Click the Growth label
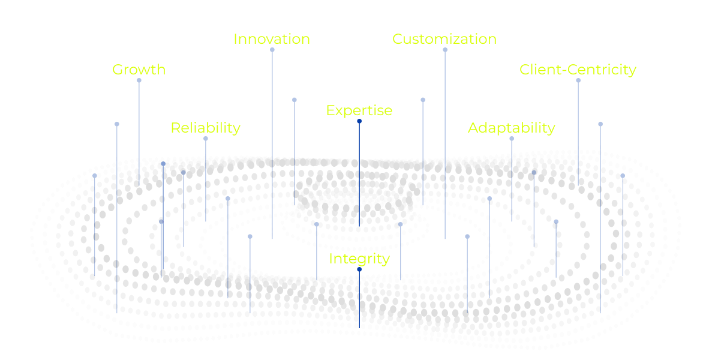139,70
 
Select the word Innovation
272,39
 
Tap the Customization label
444,39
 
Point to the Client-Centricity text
578,70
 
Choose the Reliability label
205,128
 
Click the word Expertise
359,110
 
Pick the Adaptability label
511,128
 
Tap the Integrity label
359,259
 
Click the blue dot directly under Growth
139,80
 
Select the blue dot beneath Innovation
272,50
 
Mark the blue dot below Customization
445,50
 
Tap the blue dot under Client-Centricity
578,80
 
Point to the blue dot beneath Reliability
206,139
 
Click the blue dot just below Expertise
359,121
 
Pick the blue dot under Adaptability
512,139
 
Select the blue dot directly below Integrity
359,269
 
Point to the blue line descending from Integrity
359,300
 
